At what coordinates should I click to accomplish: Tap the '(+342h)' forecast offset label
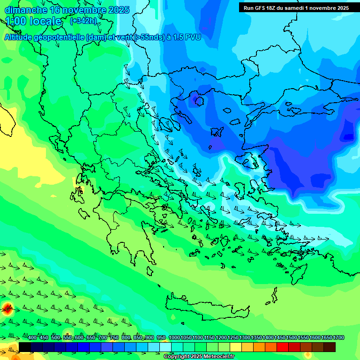click(x=83, y=21)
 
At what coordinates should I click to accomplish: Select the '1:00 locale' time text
click(x=33, y=21)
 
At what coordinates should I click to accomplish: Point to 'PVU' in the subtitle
click(x=192, y=37)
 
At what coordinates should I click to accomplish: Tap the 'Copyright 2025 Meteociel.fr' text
click(x=199, y=357)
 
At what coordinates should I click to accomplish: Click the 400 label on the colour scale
click(x=32, y=337)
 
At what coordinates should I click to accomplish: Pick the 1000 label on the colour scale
click(x=174, y=337)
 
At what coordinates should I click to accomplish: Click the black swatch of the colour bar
click(x=25, y=347)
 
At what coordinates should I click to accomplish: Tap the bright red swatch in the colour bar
click(x=283, y=347)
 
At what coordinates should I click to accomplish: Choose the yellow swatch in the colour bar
click(x=236, y=347)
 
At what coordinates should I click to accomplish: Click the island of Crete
click(x=206, y=307)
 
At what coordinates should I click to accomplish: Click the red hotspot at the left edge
click(x=7, y=308)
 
